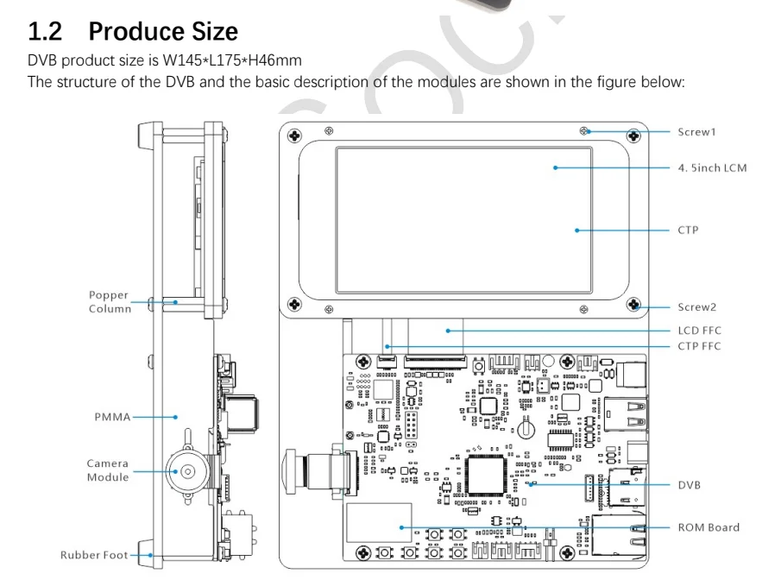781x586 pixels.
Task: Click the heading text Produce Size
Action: [x=163, y=32]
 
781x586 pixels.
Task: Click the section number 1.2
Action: [x=47, y=32]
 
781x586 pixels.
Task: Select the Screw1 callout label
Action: [x=696, y=132]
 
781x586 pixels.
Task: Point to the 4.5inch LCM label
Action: [x=712, y=167]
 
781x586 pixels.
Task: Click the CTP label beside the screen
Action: [x=688, y=230]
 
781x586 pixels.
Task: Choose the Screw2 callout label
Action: [x=696, y=307]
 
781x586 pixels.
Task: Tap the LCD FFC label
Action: [x=699, y=331]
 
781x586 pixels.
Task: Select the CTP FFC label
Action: [x=699, y=346]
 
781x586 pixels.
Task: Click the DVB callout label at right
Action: [x=690, y=485]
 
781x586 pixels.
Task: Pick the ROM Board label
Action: [x=709, y=527]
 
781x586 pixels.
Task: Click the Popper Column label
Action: [x=110, y=302]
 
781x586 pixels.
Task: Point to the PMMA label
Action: [x=112, y=417]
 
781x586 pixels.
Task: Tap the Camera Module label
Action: [x=108, y=470]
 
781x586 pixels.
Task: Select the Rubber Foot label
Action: [x=93, y=555]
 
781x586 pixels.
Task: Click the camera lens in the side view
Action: [x=186, y=470]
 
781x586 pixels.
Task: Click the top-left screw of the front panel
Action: [x=294, y=136]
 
